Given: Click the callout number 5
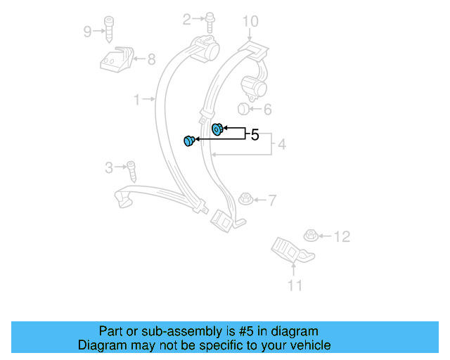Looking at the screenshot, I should click(255, 134).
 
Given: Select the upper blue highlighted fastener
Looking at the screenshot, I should click(217, 128).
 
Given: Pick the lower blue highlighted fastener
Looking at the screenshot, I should click(188, 141).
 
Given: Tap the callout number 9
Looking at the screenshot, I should click(87, 31).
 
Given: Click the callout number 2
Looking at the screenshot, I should click(187, 20).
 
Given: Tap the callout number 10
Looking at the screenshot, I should click(251, 22).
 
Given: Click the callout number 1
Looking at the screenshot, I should click(138, 100).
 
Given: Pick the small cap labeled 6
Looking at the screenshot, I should click(241, 108).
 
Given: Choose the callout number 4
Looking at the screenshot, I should click(281, 146).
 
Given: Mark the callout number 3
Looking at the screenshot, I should click(109, 167).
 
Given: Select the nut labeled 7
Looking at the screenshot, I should click(245, 199).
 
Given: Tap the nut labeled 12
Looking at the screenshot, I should click(310, 236).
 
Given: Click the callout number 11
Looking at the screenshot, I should click(295, 285).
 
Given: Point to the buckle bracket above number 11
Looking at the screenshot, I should click(290, 250).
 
